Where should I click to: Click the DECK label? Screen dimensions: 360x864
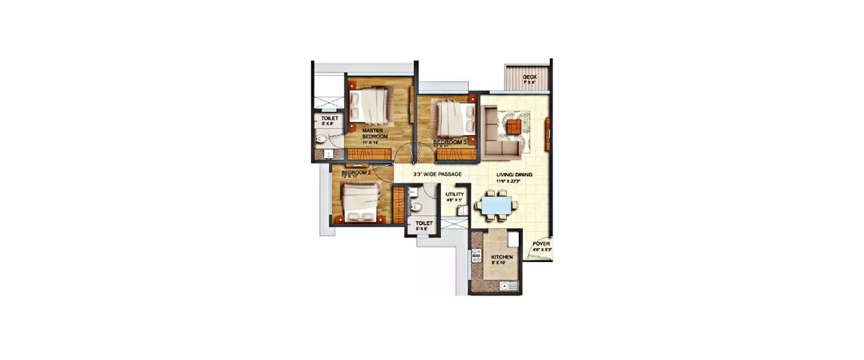pyautogui.click(x=529, y=77)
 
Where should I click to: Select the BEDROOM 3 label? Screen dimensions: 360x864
pyautogui.click(x=449, y=141)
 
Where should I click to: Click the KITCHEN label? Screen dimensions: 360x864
pyautogui.click(x=501, y=257)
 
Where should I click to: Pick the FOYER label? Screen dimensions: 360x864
pyautogui.click(x=541, y=244)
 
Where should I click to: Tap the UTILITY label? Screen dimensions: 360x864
pyautogui.click(x=454, y=195)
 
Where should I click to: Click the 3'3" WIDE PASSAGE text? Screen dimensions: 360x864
pyautogui.click(x=437, y=173)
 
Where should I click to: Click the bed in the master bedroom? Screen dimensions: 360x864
pyautogui.click(x=370, y=104)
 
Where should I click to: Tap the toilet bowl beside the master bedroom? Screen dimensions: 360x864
pyautogui.click(x=321, y=138)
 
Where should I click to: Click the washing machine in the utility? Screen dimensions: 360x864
pyautogui.click(x=461, y=211)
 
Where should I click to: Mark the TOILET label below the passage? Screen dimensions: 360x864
pyautogui.click(x=424, y=223)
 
